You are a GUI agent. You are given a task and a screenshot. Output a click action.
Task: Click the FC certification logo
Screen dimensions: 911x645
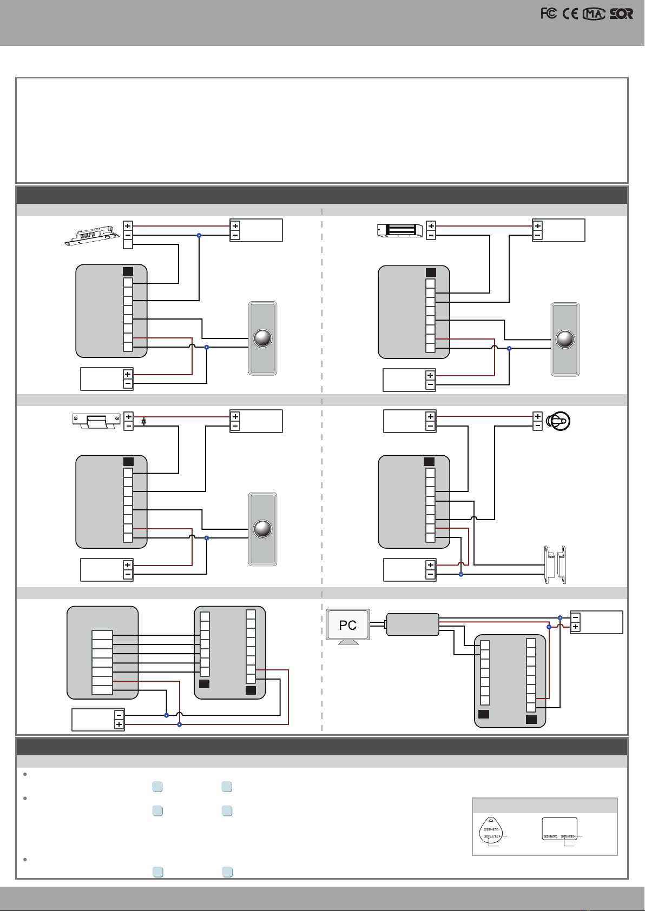pyautogui.click(x=549, y=14)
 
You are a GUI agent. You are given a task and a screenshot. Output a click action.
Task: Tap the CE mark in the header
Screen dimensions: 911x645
pyautogui.click(x=570, y=14)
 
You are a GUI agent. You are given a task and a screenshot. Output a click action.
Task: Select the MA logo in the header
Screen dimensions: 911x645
pyautogui.click(x=594, y=14)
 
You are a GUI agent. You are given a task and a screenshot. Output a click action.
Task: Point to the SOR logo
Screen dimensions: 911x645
pyautogui.click(x=621, y=14)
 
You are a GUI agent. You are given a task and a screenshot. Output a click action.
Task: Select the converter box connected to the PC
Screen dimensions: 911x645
pyautogui.click(x=412, y=624)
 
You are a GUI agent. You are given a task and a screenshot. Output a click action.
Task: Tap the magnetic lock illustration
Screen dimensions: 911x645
pyautogui.click(x=399, y=230)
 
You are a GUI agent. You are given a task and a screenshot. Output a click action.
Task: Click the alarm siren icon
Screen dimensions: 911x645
pyautogui.click(x=558, y=421)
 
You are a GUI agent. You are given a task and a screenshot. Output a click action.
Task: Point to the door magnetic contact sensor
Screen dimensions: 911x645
pyautogui.click(x=555, y=564)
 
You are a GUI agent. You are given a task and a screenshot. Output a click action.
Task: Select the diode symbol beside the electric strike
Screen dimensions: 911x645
pyautogui.click(x=143, y=421)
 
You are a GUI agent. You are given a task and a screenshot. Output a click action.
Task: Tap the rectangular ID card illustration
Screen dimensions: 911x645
pyautogui.click(x=560, y=829)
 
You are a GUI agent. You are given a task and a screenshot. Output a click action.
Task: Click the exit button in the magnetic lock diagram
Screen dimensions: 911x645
pyautogui.click(x=565, y=339)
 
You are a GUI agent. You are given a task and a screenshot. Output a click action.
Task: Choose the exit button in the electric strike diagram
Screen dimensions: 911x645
pyautogui.click(x=262, y=529)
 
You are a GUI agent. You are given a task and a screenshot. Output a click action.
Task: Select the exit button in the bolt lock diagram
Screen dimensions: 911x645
pyautogui.click(x=262, y=338)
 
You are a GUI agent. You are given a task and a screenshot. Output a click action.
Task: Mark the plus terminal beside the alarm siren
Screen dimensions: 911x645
pyautogui.click(x=537, y=416)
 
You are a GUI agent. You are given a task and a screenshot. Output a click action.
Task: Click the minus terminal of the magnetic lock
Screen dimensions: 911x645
pyautogui.click(x=431, y=235)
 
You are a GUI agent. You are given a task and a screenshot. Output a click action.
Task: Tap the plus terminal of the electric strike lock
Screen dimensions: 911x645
pyautogui.click(x=128, y=416)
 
